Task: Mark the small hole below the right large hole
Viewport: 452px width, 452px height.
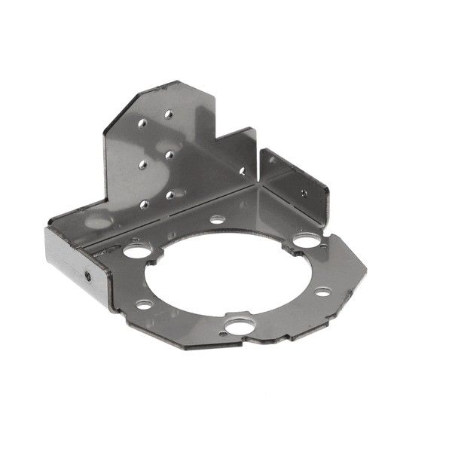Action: tap(322, 291)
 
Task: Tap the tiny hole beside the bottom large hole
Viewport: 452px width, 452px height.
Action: tap(224, 328)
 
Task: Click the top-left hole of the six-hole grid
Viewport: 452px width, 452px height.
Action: tap(142, 120)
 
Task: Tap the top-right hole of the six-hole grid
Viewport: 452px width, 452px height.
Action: tap(169, 115)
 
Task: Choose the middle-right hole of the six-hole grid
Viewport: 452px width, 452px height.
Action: tap(169, 154)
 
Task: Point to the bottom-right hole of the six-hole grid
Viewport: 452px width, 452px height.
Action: tap(170, 194)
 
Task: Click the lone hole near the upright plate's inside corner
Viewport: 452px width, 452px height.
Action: tap(242, 170)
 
